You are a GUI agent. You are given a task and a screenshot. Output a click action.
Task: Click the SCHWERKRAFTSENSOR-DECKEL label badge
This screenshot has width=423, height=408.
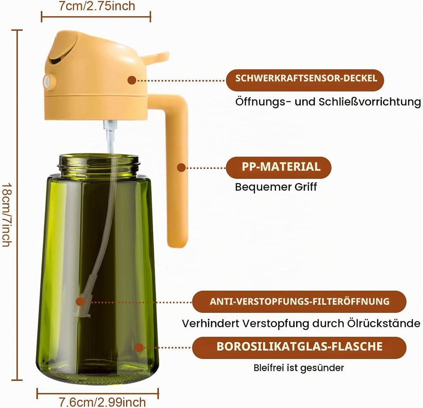pyautogui.click(x=305, y=80)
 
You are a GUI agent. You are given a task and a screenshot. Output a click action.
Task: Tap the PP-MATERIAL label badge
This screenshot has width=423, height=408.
pyautogui.click(x=278, y=168)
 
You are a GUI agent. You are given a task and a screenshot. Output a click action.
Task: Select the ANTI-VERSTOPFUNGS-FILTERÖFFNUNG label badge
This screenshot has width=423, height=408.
pyautogui.click(x=299, y=301)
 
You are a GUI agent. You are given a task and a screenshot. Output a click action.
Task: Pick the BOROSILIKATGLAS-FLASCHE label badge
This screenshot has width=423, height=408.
pyautogui.click(x=299, y=348)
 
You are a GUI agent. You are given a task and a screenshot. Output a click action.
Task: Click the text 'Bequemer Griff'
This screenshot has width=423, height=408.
pyautogui.click(x=276, y=187)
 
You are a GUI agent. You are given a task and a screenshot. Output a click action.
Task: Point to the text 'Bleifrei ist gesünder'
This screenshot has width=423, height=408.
pyautogui.click(x=298, y=368)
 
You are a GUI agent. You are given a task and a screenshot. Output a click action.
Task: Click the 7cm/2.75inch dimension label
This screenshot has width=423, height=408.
pyautogui.click(x=97, y=6)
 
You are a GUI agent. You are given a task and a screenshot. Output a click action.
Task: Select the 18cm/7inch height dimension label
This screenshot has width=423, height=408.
pyautogui.click(x=7, y=215)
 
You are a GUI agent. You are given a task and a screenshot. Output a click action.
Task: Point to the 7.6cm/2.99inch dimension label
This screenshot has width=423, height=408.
pyautogui.click(x=102, y=403)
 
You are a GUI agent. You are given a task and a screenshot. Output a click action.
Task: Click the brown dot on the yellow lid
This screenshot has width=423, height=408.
pyautogui.click(x=132, y=80)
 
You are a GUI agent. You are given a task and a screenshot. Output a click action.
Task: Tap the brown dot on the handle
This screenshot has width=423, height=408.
pyautogui.click(x=181, y=168)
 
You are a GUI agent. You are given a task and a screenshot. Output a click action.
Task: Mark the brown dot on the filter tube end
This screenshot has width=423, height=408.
pyautogui.click(x=80, y=302)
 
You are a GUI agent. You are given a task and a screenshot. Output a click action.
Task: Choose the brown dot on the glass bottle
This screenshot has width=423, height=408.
pyautogui.click(x=139, y=348)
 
